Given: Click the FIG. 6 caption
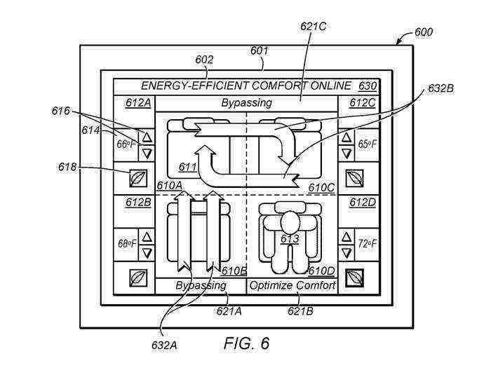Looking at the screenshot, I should (x=246, y=343).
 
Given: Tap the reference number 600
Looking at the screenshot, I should (x=423, y=32).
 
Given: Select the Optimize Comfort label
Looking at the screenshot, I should (x=292, y=286).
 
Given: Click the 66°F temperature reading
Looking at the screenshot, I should (x=125, y=144).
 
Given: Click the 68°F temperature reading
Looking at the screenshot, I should (x=126, y=244).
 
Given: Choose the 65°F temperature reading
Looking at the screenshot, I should (x=366, y=144).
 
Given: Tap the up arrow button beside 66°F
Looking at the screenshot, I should (x=146, y=136).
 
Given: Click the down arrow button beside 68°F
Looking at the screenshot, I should (x=146, y=252).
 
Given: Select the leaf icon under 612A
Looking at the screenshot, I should (x=138, y=178).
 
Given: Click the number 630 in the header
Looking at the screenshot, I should (x=367, y=86).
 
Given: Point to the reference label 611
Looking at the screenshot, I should (x=187, y=168).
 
